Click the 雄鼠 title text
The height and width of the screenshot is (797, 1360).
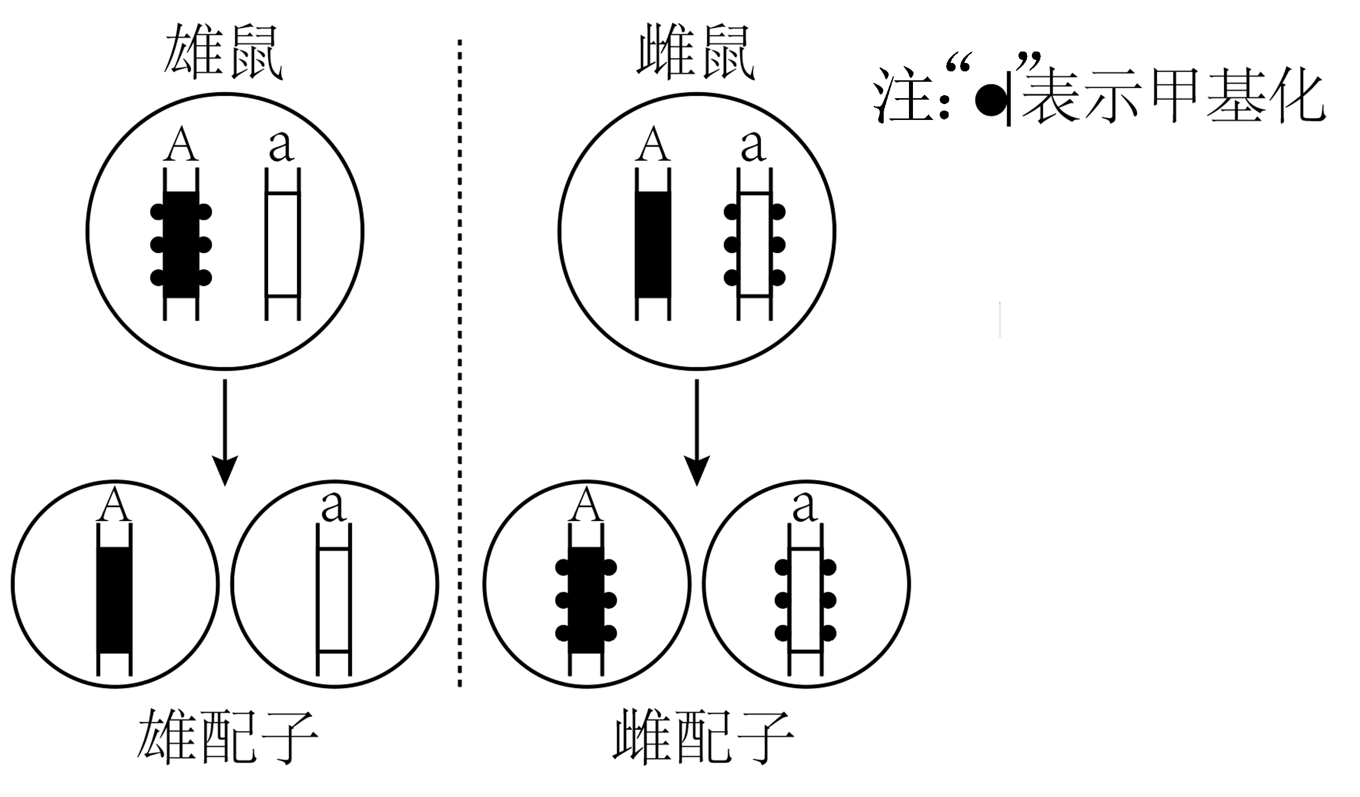point(223,53)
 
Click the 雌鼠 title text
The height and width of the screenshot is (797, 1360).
point(696,53)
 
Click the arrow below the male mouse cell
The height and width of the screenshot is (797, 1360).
point(225,432)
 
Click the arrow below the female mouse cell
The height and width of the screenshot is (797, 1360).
point(697,432)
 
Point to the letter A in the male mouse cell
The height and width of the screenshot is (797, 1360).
point(181,144)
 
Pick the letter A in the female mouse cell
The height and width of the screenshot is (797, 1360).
point(653,144)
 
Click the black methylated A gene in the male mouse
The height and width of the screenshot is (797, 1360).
point(181,244)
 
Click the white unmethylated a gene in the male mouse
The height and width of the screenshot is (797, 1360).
point(282,244)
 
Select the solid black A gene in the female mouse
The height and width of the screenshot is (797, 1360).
point(653,244)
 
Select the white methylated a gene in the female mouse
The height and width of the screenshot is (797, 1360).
point(754,244)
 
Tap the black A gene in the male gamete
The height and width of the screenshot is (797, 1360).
point(114,601)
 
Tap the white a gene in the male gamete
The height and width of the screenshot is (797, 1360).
point(334,601)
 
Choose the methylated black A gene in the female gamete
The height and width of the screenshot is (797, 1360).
point(586,601)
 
